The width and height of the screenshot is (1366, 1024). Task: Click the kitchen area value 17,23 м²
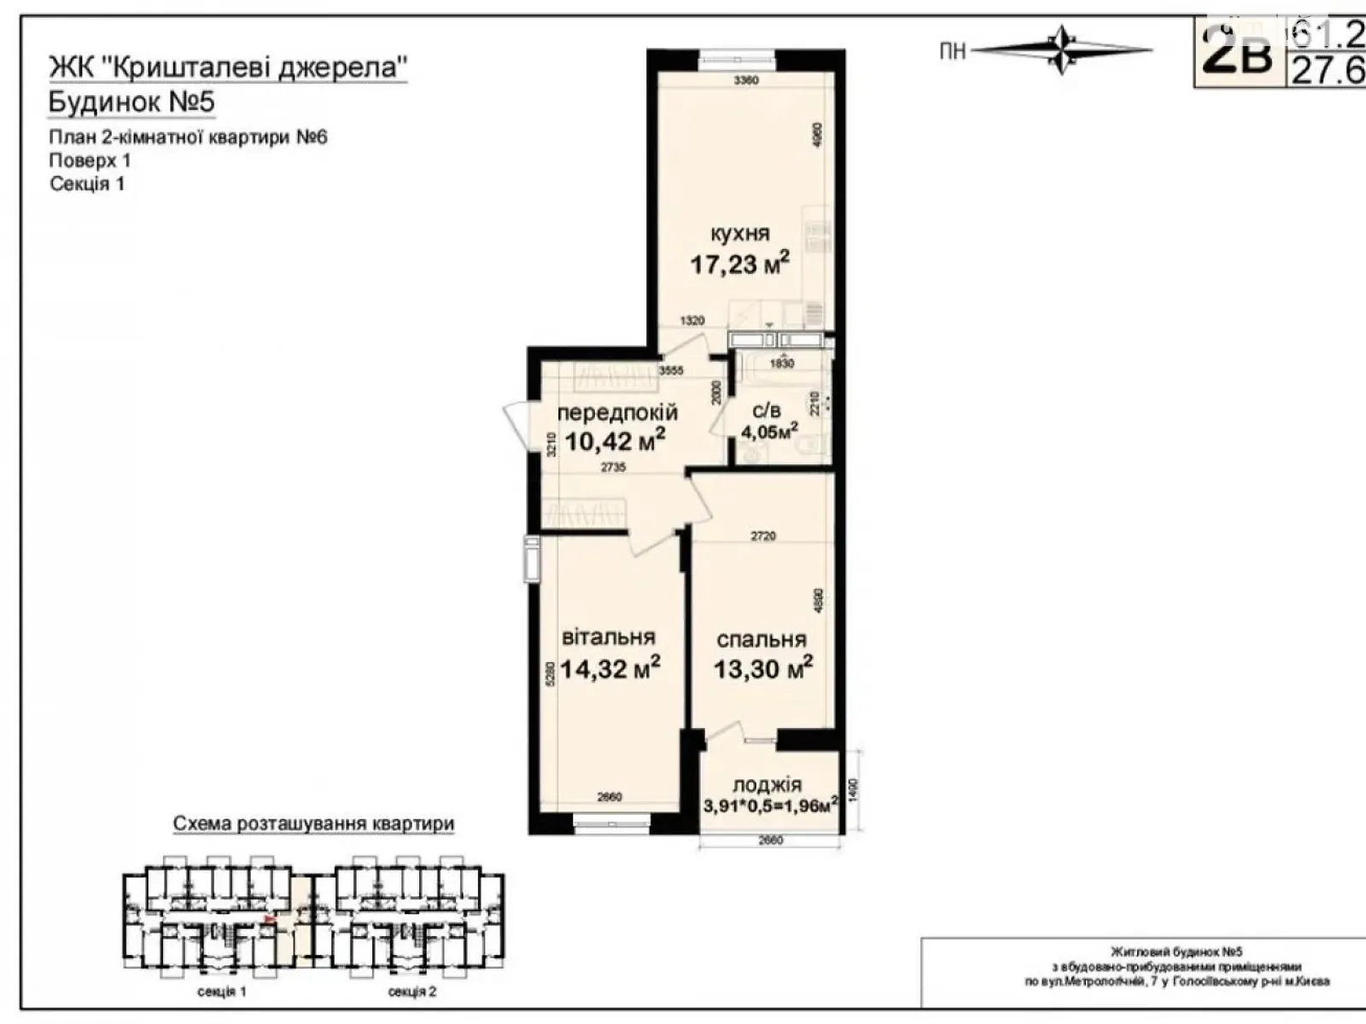pyautogui.click(x=739, y=263)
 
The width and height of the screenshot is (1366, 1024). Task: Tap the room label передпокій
pyautogui.click(x=617, y=412)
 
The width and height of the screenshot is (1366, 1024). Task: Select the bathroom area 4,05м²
pyautogui.click(x=769, y=431)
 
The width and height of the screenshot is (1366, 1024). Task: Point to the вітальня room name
pyautogui.click(x=609, y=637)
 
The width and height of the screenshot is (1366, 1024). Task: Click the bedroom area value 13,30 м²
pyautogui.click(x=763, y=668)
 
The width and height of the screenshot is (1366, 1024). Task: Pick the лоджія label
pyautogui.click(x=767, y=785)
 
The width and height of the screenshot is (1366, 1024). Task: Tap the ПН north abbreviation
pyautogui.click(x=952, y=52)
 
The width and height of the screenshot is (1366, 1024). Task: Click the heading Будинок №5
pyautogui.click(x=131, y=102)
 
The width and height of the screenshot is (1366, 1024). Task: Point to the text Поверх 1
pyautogui.click(x=90, y=160)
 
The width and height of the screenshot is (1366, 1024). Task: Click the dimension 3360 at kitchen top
pyautogui.click(x=746, y=80)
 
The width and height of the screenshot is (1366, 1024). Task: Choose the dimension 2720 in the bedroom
pyautogui.click(x=763, y=536)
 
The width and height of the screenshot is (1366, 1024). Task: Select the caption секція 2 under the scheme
pyautogui.click(x=412, y=992)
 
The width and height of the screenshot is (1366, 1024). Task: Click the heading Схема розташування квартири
pyautogui.click(x=313, y=823)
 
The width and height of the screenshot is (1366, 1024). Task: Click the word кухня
pyautogui.click(x=739, y=233)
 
